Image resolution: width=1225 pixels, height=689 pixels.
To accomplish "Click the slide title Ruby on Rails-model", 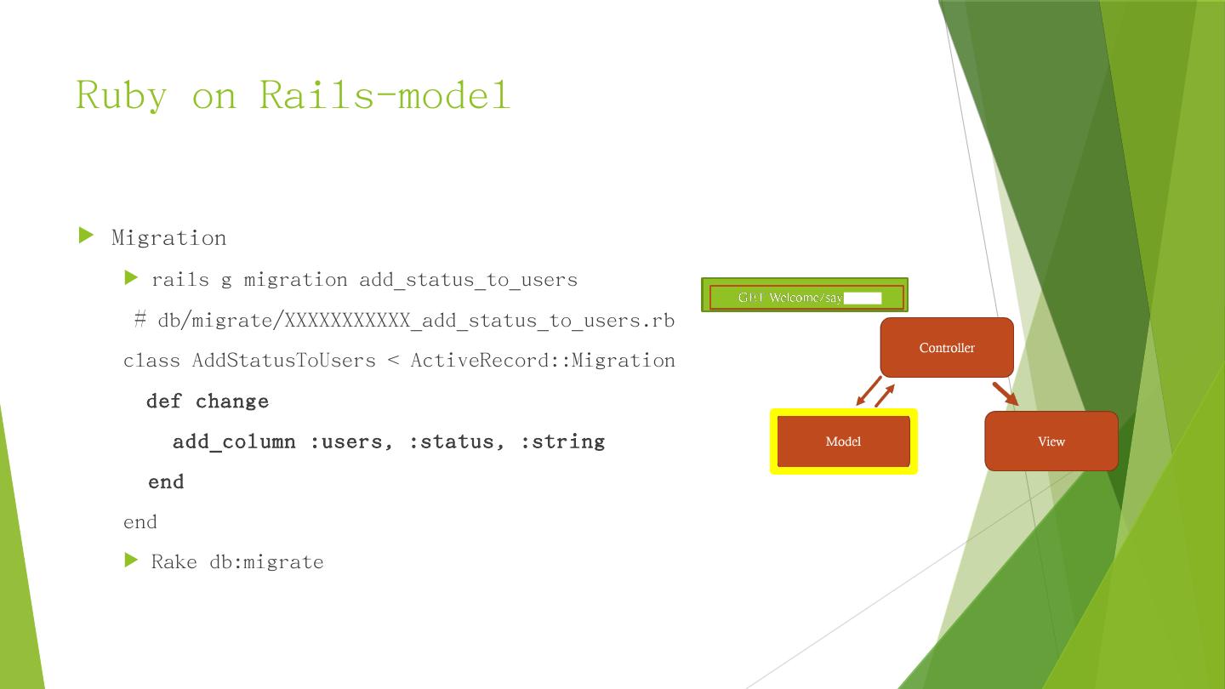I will [293, 94].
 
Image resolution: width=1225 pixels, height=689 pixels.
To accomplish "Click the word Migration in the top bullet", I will [168, 238].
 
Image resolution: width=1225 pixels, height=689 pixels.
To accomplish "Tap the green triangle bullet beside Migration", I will [86, 236].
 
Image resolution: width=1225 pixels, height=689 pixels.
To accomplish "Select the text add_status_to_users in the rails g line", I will [468, 280].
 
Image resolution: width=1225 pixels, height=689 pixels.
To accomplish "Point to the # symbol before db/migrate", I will [140, 321].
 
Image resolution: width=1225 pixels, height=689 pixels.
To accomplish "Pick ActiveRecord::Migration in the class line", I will [542, 361].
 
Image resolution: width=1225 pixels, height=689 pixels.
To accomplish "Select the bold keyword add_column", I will [234, 441].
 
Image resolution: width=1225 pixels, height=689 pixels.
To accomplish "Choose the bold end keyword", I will [166, 482].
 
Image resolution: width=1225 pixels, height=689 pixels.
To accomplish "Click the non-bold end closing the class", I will [140, 522].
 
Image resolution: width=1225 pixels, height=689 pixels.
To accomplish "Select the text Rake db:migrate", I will [237, 562].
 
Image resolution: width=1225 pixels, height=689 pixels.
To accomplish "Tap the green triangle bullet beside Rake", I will [131, 560].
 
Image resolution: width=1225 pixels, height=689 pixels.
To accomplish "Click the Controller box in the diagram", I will [947, 347].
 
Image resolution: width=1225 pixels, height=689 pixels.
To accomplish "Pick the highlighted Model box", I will [843, 441].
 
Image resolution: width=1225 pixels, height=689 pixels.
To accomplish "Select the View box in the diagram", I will [1051, 441].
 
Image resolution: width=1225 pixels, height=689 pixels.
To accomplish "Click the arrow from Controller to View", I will [1005, 394].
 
